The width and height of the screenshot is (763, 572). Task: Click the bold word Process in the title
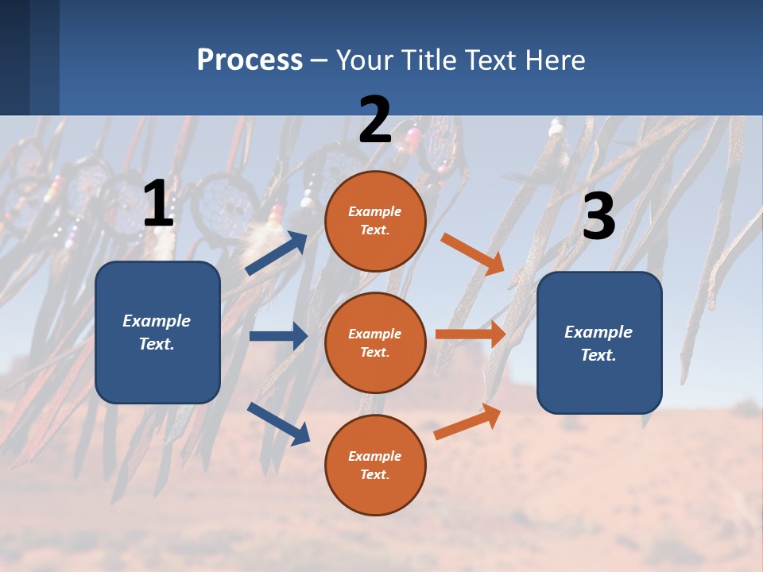pyautogui.click(x=250, y=60)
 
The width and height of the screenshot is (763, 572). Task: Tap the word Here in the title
pyautogui.click(x=555, y=60)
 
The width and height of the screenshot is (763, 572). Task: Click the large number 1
pyautogui.click(x=158, y=203)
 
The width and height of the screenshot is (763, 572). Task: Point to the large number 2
pyautogui.click(x=375, y=119)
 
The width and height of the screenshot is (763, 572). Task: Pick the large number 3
pyautogui.click(x=599, y=215)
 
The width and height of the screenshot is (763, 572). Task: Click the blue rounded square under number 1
pyautogui.click(x=157, y=332)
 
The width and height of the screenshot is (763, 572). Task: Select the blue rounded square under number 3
pyautogui.click(x=599, y=343)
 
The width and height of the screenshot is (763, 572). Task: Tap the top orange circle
pyautogui.click(x=375, y=221)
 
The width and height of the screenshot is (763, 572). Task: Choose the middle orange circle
pyautogui.click(x=375, y=343)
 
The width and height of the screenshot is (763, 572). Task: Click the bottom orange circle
pyautogui.click(x=375, y=465)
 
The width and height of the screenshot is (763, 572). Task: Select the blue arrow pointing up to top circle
pyautogui.click(x=277, y=253)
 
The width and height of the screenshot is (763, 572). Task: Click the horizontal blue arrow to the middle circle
pyautogui.click(x=278, y=336)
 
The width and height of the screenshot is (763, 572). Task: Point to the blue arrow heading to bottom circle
pyautogui.click(x=279, y=424)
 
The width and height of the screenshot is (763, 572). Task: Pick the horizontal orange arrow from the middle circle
pyautogui.click(x=471, y=334)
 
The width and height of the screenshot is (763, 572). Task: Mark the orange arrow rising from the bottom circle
pyautogui.click(x=467, y=421)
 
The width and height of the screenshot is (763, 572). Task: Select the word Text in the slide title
pyautogui.click(x=490, y=60)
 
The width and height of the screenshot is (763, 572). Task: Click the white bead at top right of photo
pyautogui.click(x=556, y=129)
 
